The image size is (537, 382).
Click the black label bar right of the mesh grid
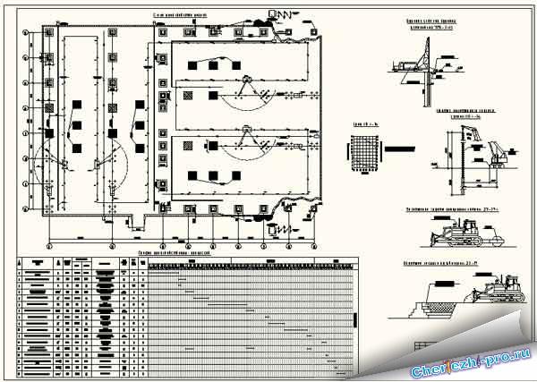[386, 148]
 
